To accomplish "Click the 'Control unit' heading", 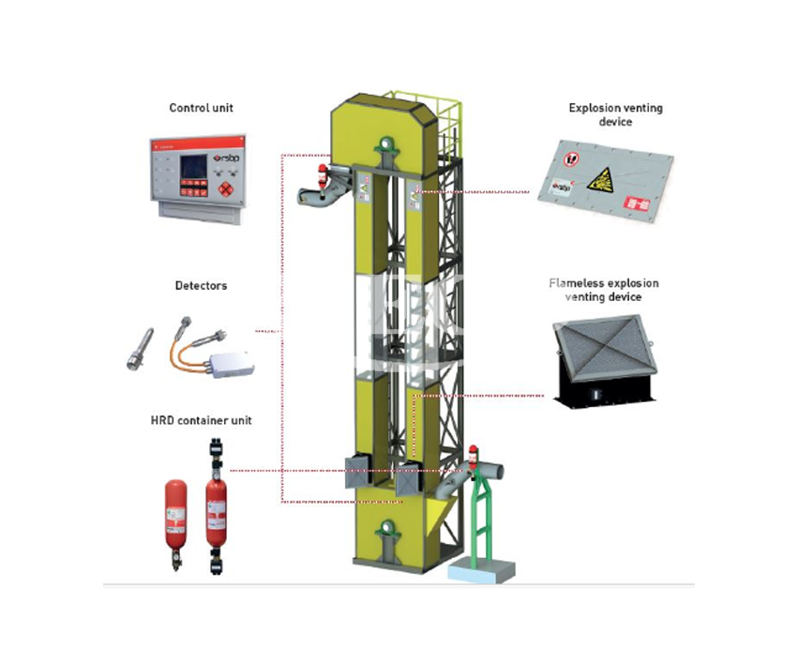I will pos(201,108).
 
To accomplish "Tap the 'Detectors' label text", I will pos(201,285).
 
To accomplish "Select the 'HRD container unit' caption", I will pos(201,421).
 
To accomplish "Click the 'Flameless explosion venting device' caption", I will pos(604,290).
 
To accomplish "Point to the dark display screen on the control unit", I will pos(195,167).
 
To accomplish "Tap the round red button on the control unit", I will pos(227,188).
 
